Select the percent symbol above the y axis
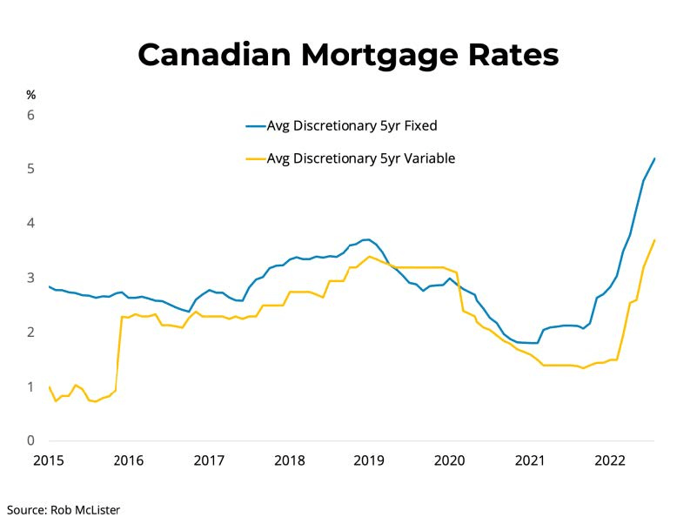coord(30,95)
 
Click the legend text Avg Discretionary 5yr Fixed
coord(351,125)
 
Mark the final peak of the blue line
coord(654,158)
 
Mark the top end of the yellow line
coord(654,240)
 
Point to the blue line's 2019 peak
coord(367,239)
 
